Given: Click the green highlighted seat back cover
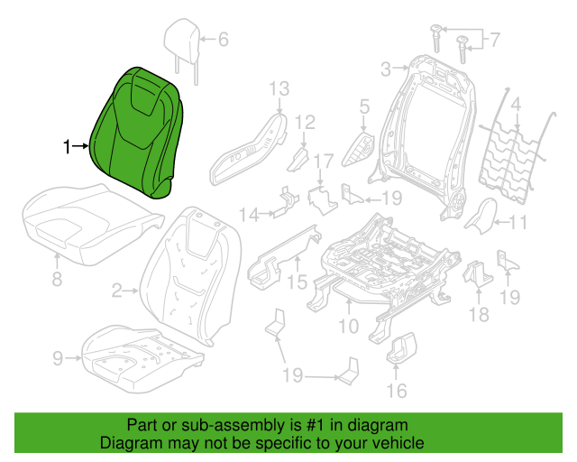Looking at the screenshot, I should tap(139, 131).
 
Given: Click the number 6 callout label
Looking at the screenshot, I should tap(224, 39).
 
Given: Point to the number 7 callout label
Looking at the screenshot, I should tap(493, 39).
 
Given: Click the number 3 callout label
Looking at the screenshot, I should tap(385, 69).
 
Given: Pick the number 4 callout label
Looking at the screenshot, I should tap(517, 106).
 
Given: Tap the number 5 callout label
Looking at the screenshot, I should tap(364, 108).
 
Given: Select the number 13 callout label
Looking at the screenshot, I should tap(278, 88).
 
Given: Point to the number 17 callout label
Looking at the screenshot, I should tap(323, 162).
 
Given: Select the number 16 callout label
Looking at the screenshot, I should tap(397, 390).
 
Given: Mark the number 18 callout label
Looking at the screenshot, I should tap(479, 314).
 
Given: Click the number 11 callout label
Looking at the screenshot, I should tap(518, 223).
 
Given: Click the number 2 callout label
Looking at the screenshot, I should tap(116, 291).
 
